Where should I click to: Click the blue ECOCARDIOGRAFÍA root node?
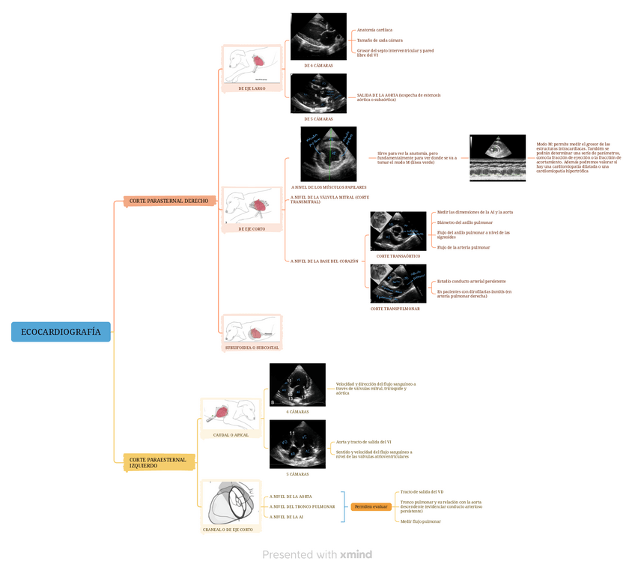[x=61, y=331]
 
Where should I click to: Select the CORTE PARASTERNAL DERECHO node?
[x=170, y=201]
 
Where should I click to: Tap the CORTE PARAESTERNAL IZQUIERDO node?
[x=159, y=462]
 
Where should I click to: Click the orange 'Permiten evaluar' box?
[x=371, y=507]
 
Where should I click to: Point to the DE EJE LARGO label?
[x=252, y=88]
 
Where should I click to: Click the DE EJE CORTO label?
[x=252, y=228]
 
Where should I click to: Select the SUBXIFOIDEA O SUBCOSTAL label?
[x=252, y=348]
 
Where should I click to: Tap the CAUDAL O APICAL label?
[x=231, y=434]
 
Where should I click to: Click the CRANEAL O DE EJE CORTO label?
[x=232, y=530]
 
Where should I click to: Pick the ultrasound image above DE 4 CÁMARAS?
[x=318, y=37]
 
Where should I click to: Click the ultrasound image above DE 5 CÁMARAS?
[x=318, y=93]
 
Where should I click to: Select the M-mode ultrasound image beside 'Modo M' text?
[x=498, y=158]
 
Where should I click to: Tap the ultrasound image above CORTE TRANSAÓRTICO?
[x=398, y=231]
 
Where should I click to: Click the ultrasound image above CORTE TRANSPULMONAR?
[x=398, y=283]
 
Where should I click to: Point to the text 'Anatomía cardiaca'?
[x=374, y=30]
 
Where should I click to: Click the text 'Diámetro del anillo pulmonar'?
[x=465, y=222]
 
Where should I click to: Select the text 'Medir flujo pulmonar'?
[x=421, y=521]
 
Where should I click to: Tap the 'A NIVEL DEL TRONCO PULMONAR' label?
[x=302, y=506]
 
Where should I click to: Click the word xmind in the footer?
[x=356, y=555]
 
